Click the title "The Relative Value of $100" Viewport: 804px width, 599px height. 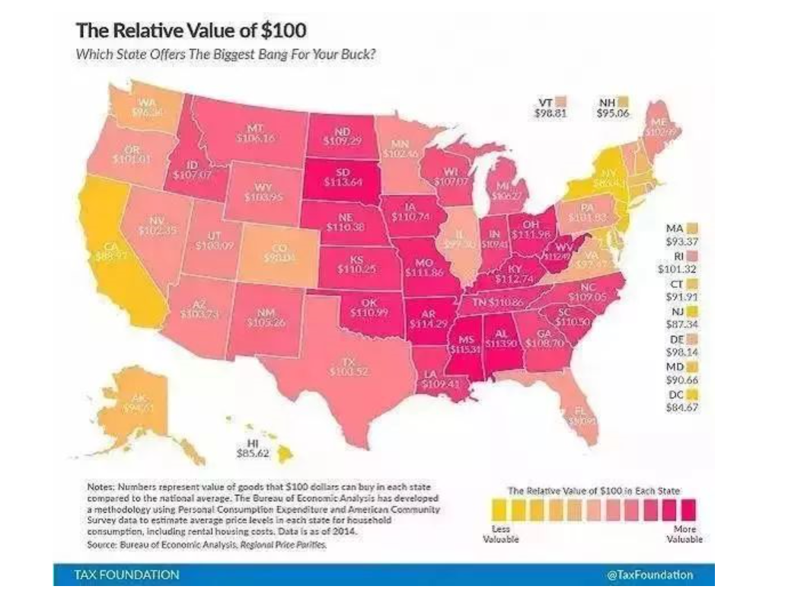[x=190, y=33]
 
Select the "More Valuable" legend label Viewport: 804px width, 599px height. [x=684, y=533]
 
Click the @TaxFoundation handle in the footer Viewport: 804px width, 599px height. [x=649, y=575]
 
